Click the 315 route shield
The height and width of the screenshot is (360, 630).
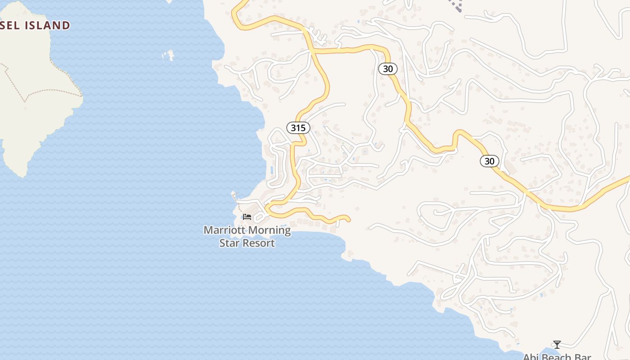tap(298, 128)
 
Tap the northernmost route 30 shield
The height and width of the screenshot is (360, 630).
tap(387, 68)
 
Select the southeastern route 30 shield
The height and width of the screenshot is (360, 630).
tap(489, 161)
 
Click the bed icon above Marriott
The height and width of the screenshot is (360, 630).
tap(247, 216)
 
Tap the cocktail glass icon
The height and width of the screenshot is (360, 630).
tap(557, 345)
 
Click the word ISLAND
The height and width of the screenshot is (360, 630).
tap(47, 25)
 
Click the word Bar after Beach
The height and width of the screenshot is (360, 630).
tap(583, 357)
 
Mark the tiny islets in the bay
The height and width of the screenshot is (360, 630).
tap(168, 55)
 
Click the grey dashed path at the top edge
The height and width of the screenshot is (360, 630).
tap(457, 6)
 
